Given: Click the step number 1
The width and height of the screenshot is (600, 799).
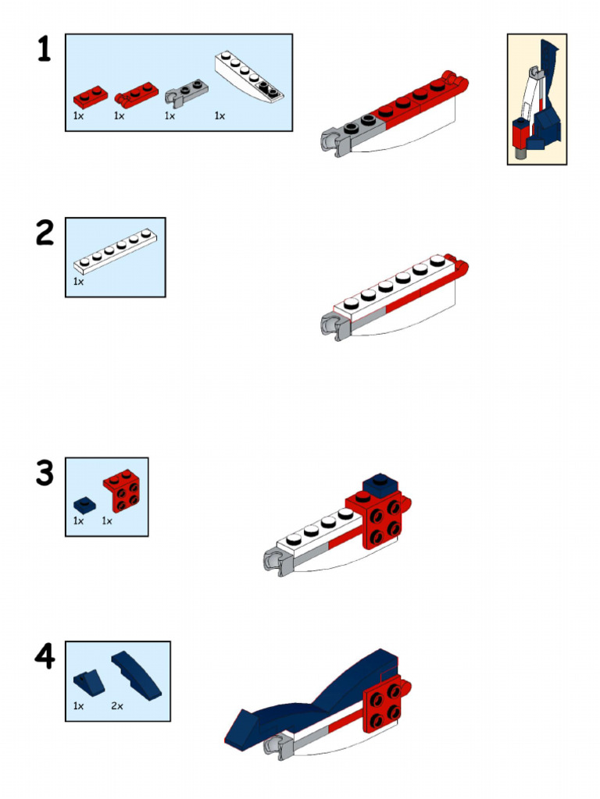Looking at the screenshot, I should pyautogui.click(x=45, y=50).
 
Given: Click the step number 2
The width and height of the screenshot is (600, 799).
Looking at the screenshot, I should pyautogui.click(x=45, y=233).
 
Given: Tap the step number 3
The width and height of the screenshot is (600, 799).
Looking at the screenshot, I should pyautogui.click(x=45, y=473).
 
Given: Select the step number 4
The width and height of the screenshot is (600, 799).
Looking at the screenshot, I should pyautogui.click(x=45, y=657).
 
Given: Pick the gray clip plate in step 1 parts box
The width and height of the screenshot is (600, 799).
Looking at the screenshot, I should pyautogui.click(x=186, y=93).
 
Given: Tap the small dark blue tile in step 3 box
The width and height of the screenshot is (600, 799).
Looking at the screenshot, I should pyautogui.click(x=82, y=503).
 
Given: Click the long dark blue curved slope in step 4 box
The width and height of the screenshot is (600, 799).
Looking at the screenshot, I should pyautogui.click(x=136, y=673).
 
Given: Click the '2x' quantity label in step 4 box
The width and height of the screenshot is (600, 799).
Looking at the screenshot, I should pyautogui.click(x=117, y=705).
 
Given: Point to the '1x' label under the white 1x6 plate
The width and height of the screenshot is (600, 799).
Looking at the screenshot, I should pyautogui.click(x=78, y=281).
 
